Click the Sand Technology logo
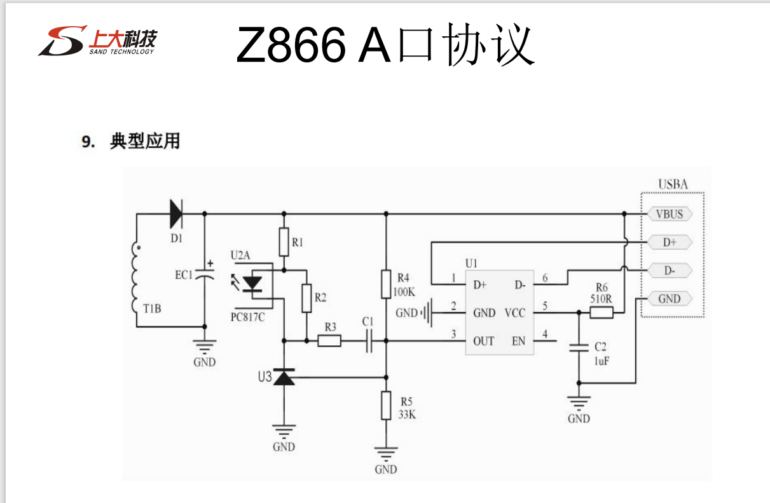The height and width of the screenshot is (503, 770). [97, 40]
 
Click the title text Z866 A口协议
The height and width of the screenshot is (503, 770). [384, 45]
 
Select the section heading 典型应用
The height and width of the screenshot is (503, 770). [144, 141]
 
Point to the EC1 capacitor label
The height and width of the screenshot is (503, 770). [184, 275]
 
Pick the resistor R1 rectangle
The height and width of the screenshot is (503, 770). [284, 242]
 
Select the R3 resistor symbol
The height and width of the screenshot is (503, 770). [329, 341]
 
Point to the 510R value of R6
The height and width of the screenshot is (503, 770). [602, 298]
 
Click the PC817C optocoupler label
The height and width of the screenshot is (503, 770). [248, 316]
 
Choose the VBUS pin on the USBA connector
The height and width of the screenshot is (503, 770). [669, 214]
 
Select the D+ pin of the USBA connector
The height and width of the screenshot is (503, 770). [669, 242]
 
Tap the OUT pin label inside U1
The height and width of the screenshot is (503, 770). [483, 341]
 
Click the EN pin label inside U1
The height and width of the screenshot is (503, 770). [519, 341]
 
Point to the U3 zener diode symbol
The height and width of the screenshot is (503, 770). [284, 377]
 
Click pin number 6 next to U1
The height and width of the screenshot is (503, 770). [545, 278]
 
